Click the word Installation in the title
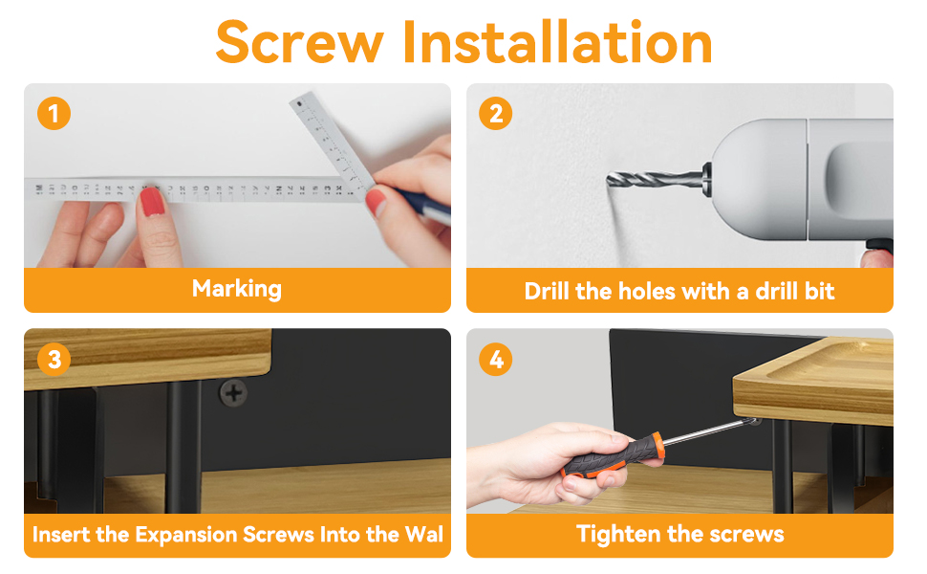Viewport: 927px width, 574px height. click(557, 41)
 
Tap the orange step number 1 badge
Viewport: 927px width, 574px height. click(54, 113)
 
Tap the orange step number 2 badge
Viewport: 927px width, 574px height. click(495, 113)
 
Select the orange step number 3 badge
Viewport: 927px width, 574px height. click(54, 359)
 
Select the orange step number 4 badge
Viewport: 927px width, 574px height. click(495, 359)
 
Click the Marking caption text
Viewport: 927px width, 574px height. click(237, 289)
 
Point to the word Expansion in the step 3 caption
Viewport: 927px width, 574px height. click(186, 535)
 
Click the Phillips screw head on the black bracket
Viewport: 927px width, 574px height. click(233, 393)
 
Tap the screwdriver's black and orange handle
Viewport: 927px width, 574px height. click(614, 454)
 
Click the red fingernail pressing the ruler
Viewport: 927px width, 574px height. click(152, 201)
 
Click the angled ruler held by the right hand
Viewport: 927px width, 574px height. click(333, 141)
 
